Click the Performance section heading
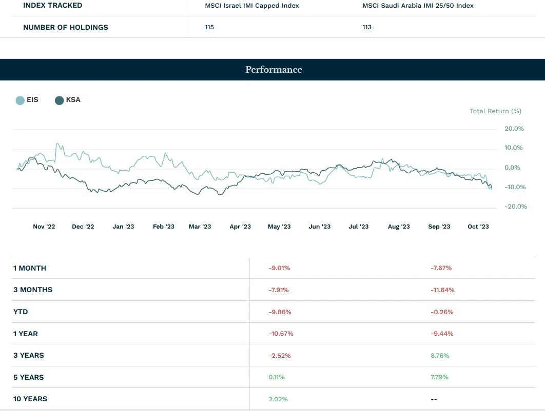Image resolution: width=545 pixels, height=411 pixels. click(274, 70)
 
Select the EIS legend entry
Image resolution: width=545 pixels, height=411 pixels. click(27, 100)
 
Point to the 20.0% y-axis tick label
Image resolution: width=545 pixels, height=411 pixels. click(514, 129)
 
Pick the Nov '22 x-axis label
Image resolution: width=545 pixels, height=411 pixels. click(44, 227)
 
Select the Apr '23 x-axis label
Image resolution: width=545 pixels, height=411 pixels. click(240, 227)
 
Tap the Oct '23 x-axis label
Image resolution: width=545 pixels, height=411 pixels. click(478, 227)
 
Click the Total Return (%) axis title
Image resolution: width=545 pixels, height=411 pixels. click(495, 111)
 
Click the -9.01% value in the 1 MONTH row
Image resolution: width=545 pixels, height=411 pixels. click(279, 268)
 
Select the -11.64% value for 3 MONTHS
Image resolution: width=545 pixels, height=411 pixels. click(442, 290)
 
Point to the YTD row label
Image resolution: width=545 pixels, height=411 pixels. click(21, 312)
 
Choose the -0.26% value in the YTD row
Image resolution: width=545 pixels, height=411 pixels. click(442, 312)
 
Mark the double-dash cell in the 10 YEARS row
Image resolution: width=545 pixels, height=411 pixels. click(434, 399)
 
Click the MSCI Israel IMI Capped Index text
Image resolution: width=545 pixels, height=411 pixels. click(251, 6)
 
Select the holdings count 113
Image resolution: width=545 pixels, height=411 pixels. click(366, 27)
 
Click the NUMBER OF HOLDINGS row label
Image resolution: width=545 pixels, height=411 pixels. click(66, 27)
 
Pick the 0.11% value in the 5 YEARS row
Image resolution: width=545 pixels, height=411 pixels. click(276, 377)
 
